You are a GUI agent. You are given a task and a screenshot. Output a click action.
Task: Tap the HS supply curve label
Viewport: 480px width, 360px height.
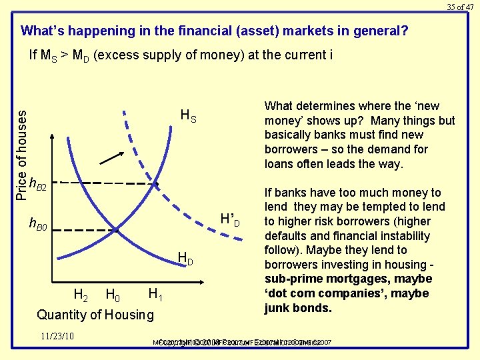point(189,116)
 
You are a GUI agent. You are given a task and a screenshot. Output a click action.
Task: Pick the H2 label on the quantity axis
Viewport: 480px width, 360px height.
point(80,294)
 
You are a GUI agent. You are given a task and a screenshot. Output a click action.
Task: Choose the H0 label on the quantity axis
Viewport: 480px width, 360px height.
point(113,294)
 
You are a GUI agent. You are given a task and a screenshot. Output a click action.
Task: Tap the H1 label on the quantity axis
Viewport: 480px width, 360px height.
point(156,294)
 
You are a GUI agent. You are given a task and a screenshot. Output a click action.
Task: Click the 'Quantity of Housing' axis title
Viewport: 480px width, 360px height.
point(95,315)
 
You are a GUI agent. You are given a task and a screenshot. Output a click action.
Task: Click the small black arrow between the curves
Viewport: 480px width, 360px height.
point(112,157)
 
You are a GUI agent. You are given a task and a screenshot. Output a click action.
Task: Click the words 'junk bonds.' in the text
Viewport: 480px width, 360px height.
point(288,308)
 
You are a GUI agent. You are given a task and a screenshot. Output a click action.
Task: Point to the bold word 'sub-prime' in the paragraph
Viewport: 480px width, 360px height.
point(291,279)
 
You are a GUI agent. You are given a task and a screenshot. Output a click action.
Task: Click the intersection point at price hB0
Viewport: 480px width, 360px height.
point(115,231)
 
